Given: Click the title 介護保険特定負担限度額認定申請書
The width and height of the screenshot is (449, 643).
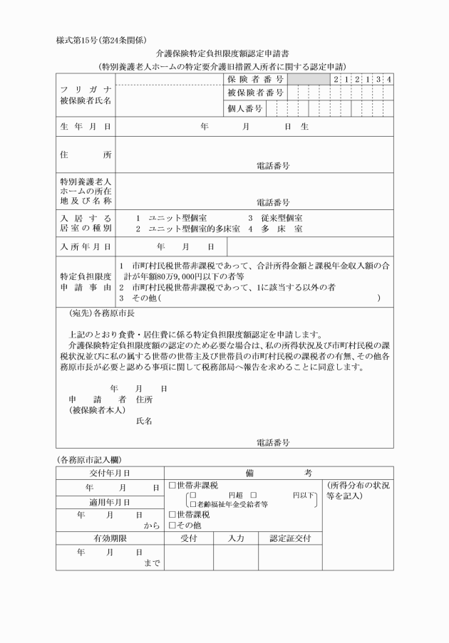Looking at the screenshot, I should (x=225, y=53).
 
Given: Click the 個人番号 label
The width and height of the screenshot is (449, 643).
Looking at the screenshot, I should (x=246, y=109).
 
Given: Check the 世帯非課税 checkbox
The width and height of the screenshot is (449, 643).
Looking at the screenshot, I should (x=172, y=486).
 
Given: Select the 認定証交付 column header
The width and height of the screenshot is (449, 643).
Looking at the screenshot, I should (x=289, y=539).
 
